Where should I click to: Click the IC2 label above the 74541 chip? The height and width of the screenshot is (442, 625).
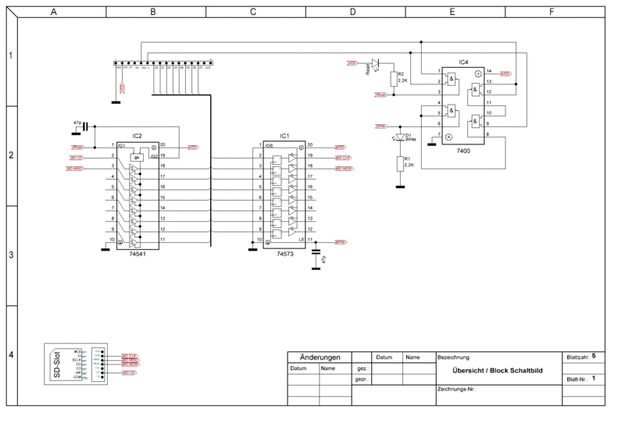click(137, 136)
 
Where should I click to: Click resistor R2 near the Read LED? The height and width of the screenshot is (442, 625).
click(393, 79)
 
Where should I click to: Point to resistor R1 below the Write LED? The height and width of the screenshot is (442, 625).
click(400, 163)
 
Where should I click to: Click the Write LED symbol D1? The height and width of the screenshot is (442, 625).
click(400, 137)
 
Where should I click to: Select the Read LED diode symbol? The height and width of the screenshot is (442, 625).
click(376, 62)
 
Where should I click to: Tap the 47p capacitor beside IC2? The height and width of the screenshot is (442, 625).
click(85, 125)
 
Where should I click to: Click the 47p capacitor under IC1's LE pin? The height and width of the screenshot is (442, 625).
click(316, 255)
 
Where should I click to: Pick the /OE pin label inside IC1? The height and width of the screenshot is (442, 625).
click(270, 145)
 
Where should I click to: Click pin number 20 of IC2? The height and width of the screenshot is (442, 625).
click(162, 145)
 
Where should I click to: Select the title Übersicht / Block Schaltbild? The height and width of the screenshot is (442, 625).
click(496, 370)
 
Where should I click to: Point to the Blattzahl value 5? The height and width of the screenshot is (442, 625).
click(594, 355)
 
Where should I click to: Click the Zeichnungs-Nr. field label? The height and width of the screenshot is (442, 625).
click(457, 388)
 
